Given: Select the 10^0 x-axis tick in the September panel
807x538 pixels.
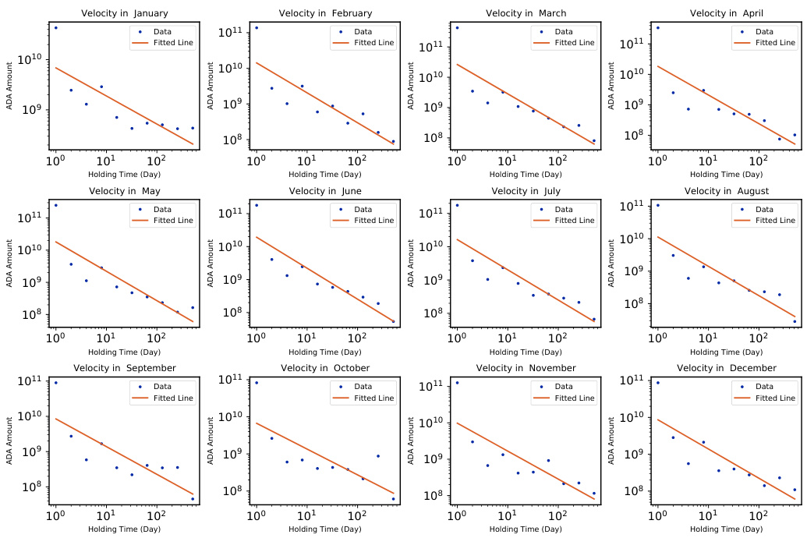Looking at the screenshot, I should (x=55, y=515).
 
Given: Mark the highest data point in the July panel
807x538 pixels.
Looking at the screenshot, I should (x=457, y=205).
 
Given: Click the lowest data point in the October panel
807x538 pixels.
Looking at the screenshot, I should (x=393, y=499).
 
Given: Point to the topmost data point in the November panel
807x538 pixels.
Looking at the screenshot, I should (x=457, y=382).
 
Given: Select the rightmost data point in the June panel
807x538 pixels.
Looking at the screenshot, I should (x=393, y=321).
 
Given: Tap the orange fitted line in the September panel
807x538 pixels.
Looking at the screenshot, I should (x=125, y=458).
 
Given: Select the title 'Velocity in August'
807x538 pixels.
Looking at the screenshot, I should (x=726, y=191).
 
